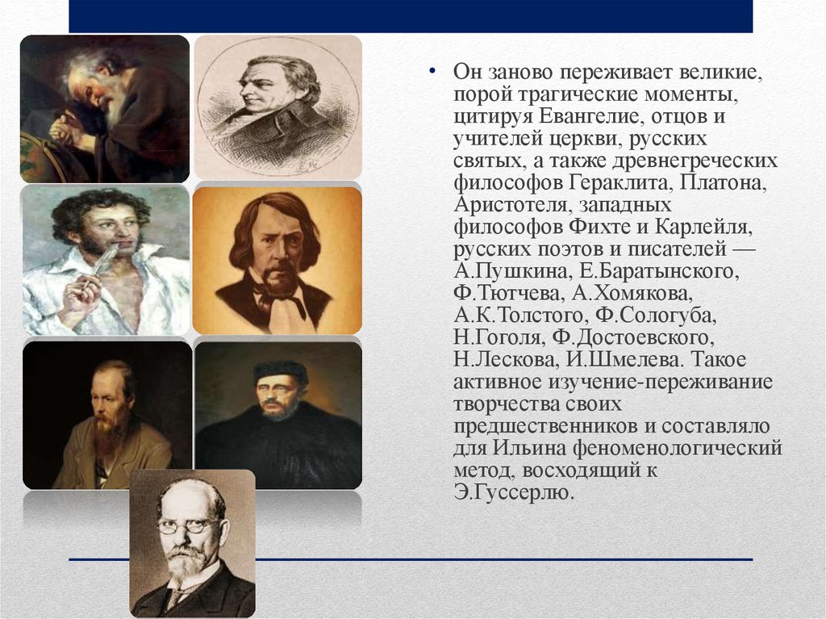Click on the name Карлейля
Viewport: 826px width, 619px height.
point(703,228)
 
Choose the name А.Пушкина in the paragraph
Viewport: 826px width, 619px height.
point(511,271)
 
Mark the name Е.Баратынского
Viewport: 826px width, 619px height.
point(659,271)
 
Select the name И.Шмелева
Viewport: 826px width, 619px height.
point(625,360)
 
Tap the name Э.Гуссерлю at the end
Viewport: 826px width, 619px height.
point(513,493)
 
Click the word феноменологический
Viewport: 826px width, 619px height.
point(678,449)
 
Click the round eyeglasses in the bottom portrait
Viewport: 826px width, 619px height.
point(190,525)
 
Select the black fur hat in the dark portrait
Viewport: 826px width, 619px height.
point(281,372)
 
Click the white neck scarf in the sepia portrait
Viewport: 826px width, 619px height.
point(282,307)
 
